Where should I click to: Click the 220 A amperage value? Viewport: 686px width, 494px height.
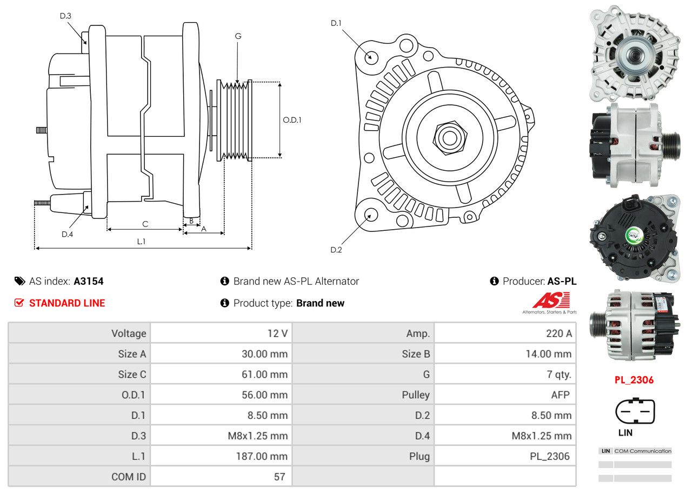[558, 333]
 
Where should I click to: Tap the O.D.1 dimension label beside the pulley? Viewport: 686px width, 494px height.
[292, 120]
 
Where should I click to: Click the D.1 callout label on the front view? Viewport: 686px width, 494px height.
[336, 23]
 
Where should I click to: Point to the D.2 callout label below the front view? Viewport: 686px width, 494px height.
[336, 250]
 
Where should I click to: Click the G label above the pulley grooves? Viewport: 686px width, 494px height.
[238, 36]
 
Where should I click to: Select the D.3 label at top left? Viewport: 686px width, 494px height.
[65, 16]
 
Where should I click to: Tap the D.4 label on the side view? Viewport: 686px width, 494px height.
[67, 234]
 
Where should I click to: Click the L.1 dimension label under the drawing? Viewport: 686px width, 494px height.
[141, 242]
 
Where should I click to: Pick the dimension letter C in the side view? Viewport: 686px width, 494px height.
[145, 224]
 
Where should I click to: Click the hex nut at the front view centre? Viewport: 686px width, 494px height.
[448, 137]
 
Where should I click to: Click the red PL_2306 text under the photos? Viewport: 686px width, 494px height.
[634, 380]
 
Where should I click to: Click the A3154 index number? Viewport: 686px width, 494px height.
[89, 281]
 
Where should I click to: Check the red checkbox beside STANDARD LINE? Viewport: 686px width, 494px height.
[19, 303]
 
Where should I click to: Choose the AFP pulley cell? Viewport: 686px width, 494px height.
[560, 395]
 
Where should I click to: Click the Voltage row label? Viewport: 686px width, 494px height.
[129, 333]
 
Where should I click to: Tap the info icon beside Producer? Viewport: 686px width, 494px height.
[494, 281]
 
